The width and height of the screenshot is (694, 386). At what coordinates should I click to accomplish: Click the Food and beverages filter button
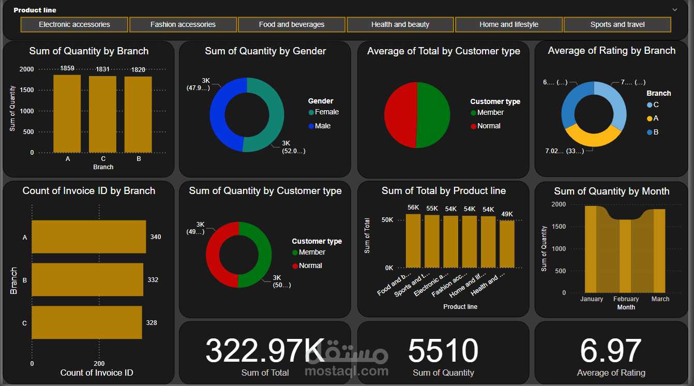(292, 24)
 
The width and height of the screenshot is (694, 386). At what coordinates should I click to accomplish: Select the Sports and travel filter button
(617, 24)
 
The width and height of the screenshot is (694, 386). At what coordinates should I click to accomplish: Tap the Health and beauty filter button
(400, 24)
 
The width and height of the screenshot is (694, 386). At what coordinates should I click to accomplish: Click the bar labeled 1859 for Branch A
(67, 114)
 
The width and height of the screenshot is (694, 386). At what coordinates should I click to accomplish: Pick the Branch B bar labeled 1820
(138, 115)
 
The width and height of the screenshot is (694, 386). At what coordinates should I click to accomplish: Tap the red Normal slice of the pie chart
(399, 115)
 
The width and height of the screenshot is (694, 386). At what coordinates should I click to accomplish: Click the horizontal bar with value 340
(88, 237)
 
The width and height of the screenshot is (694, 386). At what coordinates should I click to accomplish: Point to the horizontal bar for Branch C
(86, 323)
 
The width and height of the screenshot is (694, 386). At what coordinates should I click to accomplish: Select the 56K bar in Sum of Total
(413, 241)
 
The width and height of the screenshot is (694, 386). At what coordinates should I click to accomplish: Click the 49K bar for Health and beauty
(507, 244)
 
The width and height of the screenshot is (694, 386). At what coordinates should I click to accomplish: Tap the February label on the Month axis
(626, 299)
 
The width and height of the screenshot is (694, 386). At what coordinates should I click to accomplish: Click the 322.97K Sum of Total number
(265, 351)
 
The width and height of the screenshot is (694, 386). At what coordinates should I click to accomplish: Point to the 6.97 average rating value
(611, 351)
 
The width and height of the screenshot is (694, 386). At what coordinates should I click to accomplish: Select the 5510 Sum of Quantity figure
(443, 351)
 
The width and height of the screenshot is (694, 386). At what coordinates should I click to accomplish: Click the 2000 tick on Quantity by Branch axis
(27, 69)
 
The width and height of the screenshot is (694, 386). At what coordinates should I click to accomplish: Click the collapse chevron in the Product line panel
(674, 10)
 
